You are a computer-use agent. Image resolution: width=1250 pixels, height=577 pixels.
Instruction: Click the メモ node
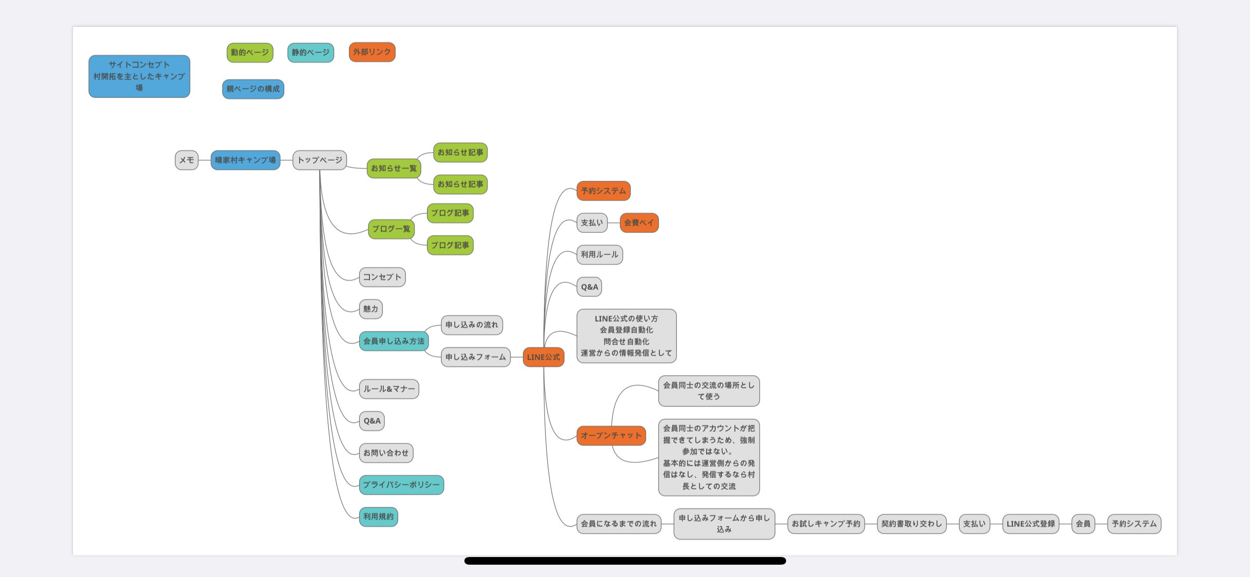[x=186, y=160]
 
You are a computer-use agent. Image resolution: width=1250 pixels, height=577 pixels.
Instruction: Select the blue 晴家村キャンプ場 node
[x=245, y=160]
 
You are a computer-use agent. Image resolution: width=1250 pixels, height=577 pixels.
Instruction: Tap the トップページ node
[x=320, y=160]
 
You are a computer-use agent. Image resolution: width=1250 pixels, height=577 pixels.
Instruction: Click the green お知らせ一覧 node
[x=394, y=168]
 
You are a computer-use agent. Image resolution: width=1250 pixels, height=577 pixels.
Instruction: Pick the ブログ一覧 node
[x=391, y=229]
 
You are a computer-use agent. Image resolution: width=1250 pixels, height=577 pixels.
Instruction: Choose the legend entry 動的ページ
[x=250, y=52]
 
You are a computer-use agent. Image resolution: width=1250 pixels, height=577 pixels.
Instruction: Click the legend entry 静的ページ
[x=310, y=52]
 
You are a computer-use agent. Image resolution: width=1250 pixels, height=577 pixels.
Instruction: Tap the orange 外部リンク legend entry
[x=372, y=52]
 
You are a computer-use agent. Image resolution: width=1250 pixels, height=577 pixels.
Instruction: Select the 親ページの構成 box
[x=253, y=89]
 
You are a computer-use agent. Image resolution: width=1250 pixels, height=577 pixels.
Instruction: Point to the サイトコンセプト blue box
[x=139, y=76]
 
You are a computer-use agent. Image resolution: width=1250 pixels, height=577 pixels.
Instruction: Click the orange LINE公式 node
[x=543, y=357]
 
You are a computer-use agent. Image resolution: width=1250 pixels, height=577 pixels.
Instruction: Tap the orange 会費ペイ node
[x=639, y=223]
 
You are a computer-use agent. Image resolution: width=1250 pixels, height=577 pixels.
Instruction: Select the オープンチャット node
[x=611, y=435]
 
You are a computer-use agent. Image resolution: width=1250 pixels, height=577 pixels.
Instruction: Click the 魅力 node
[x=370, y=309]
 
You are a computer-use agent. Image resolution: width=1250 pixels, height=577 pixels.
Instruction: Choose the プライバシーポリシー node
[x=401, y=485]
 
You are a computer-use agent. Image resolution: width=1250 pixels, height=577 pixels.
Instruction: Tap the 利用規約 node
[x=378, y=516]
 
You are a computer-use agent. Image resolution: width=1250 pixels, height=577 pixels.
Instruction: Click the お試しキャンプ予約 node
[x=826, y=524]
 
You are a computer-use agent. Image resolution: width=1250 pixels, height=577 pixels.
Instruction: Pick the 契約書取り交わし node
[x=911, y=524]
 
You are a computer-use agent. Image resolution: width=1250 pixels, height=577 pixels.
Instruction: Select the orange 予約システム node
[x=603, y=191]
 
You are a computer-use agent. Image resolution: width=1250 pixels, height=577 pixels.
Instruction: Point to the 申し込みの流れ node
[x=472, y=325]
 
